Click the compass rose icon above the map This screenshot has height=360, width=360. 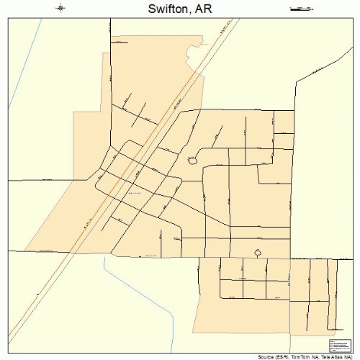(60, 9)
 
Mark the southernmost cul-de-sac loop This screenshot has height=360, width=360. (258, 252)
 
